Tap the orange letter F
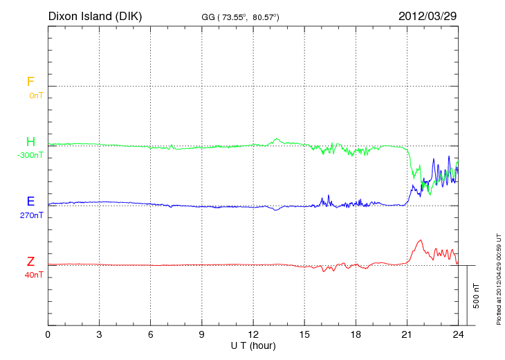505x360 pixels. click(30, 82)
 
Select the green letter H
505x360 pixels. click(30, 142)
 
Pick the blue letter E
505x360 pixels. click(30, 201)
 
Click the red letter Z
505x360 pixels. click(30, 262)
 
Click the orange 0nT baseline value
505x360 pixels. click(35, 96)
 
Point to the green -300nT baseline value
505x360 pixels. click(30, 155)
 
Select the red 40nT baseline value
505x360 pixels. click(34, 275)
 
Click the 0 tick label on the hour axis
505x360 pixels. click(48, 335)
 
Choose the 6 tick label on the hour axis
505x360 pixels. click(151, 335)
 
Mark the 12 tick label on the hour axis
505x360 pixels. click(253, 335)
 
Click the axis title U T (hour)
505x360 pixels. click(253, 345)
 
